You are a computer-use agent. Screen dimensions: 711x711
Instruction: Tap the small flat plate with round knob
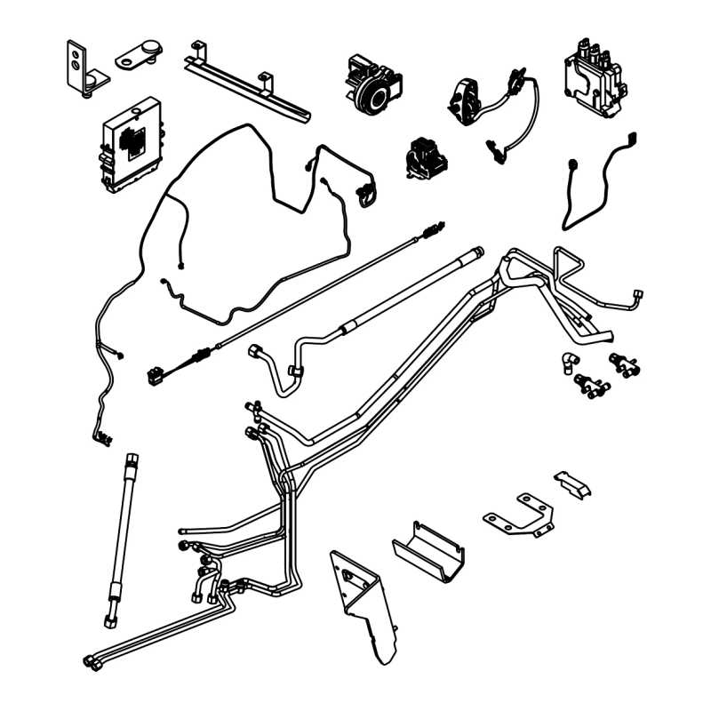(137, 57)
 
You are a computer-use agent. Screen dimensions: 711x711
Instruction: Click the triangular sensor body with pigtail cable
(467, 97)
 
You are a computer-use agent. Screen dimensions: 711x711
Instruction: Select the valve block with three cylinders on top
(595, 76)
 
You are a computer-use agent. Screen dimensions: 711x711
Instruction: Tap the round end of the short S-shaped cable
(571, 165)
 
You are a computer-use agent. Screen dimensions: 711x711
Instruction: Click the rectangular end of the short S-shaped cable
(633, 137)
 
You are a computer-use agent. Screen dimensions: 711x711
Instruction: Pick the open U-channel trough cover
(428, 547)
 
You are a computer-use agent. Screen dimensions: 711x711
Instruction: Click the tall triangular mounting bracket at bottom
(364, 604)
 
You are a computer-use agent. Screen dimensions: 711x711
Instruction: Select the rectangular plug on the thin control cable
(157, 375)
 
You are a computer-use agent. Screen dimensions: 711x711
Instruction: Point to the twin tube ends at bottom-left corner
(92, 659)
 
